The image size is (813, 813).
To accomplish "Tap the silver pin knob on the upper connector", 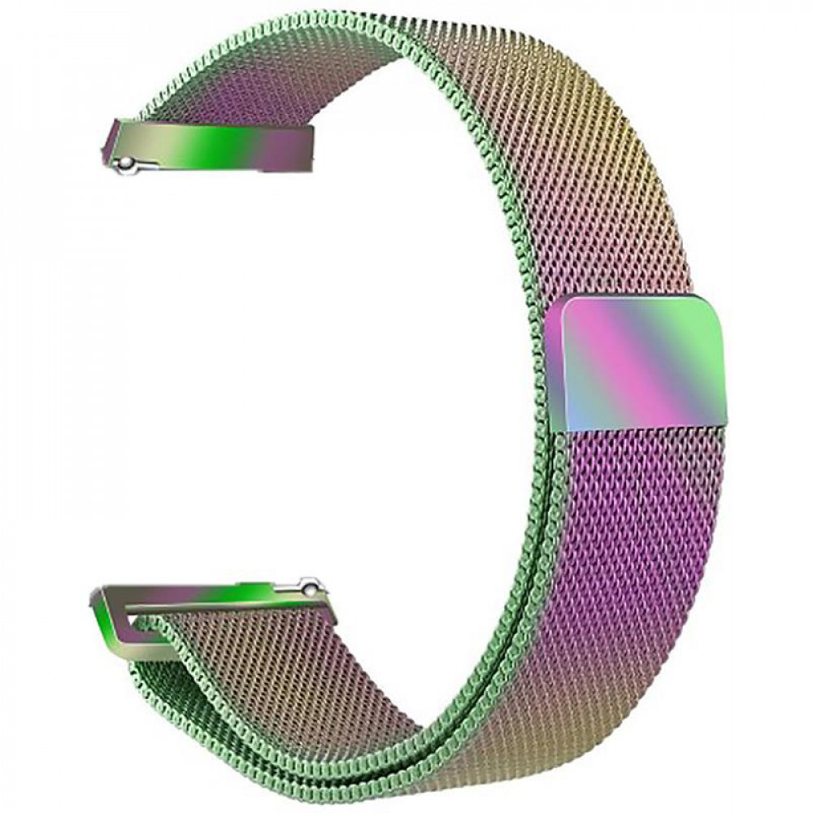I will point(125,164).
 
